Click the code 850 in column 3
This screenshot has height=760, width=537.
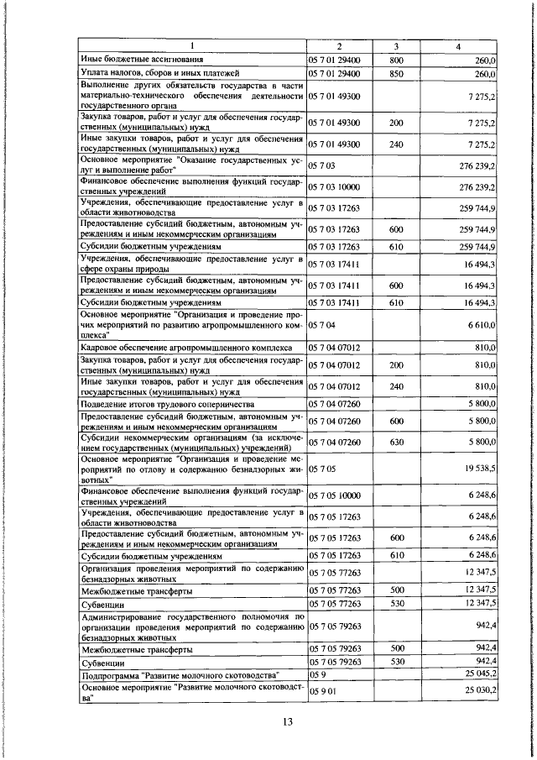[397, 75]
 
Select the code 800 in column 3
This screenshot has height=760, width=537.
[397, 60]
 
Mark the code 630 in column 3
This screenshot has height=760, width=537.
[397, 442]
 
